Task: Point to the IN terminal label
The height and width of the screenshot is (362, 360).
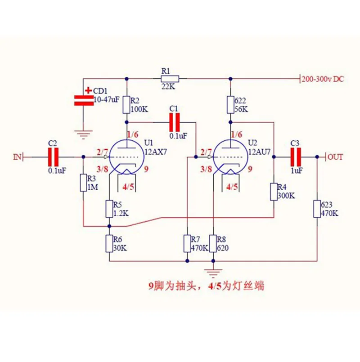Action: (x=17, y=157)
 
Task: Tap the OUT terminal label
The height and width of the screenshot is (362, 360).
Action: (x=335, y=157)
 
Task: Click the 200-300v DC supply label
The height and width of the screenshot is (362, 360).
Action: (x=323, y=79)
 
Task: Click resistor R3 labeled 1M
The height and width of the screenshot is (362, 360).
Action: (x=83, y=183)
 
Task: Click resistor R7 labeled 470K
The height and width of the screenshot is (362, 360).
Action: (x=187, y=243)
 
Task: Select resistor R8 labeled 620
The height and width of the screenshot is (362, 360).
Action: (x=214, y=243)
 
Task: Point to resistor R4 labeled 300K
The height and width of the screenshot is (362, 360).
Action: (x=274, y=192)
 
